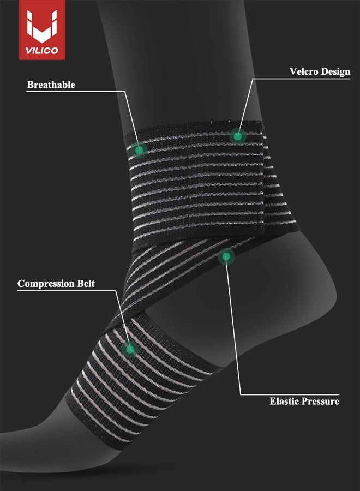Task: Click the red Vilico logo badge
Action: [42, 30]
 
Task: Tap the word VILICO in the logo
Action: [42, 51]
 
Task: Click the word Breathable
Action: [51, 85]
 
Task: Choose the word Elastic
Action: [284, 401]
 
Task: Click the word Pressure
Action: [320, 401]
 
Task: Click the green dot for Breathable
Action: [139, 150]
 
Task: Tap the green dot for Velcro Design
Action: [238, 136]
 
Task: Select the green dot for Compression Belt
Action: [130, 349]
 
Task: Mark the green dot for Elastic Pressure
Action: [226, 257]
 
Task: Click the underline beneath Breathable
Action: [76, 92]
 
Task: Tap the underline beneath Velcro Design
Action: [302, 79]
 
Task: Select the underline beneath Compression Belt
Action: [67, 291]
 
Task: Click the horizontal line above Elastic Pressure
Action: [290, 394]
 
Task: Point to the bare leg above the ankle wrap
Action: [182, 63]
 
